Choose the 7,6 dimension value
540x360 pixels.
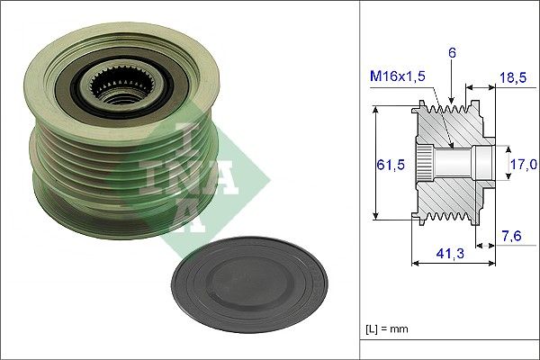coord(511,236)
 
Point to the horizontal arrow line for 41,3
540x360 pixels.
coord(450,265)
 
